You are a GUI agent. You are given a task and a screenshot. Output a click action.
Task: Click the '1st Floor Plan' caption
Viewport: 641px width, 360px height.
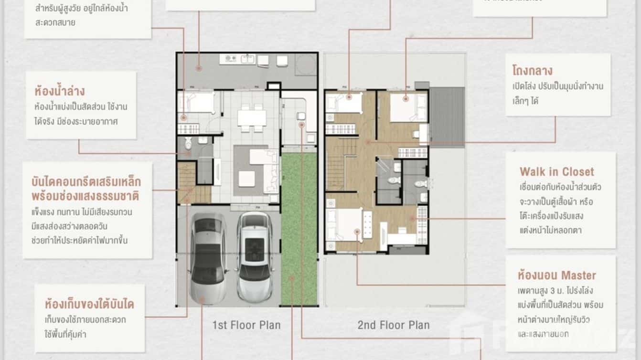(246, 326)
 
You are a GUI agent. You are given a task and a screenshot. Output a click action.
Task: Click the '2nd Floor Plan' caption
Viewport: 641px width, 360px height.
(393, 326)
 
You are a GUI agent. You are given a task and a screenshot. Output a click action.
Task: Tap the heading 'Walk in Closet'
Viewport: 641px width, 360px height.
(556, 172)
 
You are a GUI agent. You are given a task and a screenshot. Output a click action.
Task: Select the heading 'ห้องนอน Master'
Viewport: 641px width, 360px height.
(556, 275)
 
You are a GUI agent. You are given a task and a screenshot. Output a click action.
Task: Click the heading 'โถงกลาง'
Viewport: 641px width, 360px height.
(532, 71)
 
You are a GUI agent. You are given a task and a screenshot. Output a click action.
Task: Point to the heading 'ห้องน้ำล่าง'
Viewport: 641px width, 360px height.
(60, 91)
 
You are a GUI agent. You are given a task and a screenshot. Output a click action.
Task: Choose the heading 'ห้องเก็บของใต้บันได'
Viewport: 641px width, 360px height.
(89, 304)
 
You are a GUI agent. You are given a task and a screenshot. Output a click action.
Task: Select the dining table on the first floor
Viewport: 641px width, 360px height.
(252, 117)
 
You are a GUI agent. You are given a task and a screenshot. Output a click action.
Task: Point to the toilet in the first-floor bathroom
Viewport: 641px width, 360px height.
(188, 143)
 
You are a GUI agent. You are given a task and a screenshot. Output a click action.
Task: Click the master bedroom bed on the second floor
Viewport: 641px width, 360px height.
(344, 225)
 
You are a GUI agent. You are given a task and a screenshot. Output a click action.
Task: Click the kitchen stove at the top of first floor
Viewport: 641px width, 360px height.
(229, 59)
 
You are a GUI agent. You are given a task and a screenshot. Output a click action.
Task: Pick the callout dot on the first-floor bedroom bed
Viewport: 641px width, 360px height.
(184, 116)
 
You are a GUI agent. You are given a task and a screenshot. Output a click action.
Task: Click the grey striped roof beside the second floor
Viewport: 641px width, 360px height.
(447, 116)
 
